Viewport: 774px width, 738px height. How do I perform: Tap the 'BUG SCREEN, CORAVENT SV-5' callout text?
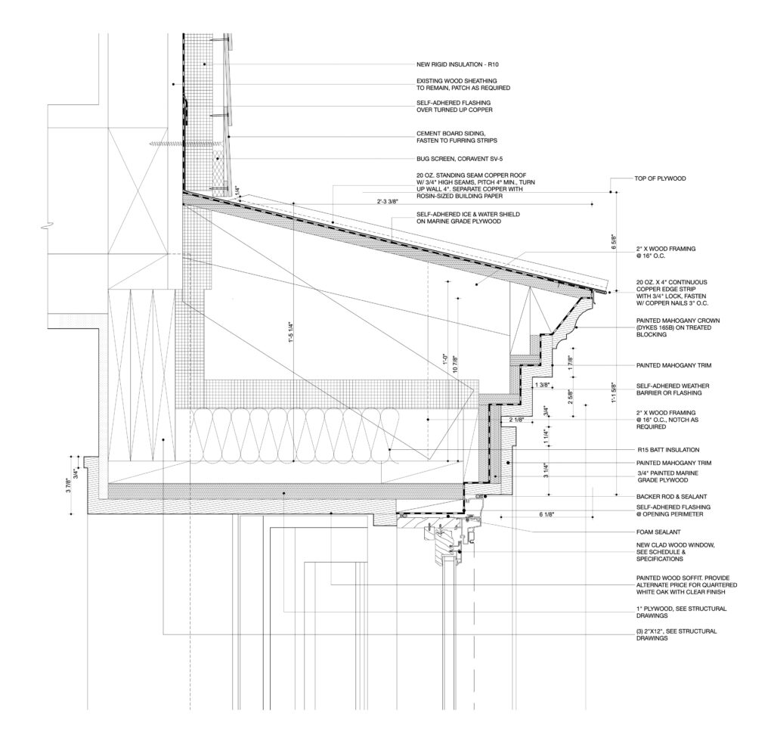pyautogui.click(x=460, y=159)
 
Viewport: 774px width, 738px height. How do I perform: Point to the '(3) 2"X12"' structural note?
pyautogui.click(x=675, y=634)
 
